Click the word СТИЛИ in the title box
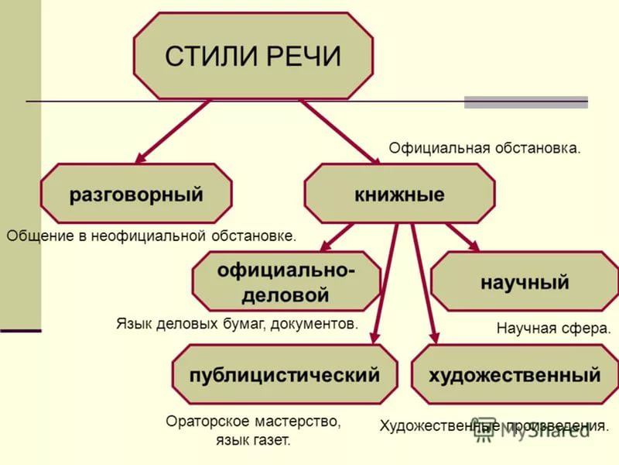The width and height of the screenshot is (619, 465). coord(212,56)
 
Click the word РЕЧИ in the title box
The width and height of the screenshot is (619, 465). coord(303,56)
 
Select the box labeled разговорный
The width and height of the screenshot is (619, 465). coord(136,193)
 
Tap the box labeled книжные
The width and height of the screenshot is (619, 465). coord(399,193)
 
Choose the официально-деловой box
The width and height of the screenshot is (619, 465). coord(286,281)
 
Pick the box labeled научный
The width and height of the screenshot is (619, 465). coord(525,281)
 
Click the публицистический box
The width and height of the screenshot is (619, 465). coord(285,374)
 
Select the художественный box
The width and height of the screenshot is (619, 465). coord(515,374)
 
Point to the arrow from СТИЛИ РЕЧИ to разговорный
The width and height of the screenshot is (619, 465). coord(173,131)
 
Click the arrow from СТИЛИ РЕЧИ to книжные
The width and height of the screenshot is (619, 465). coord(340,131)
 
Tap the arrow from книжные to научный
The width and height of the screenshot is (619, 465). coord(463,237)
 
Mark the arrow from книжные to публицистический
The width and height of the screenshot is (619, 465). coord(385,284)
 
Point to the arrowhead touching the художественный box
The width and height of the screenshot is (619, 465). coord(434,337)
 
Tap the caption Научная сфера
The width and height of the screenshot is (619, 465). coord(553,328)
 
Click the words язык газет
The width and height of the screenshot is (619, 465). coord(253,440)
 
